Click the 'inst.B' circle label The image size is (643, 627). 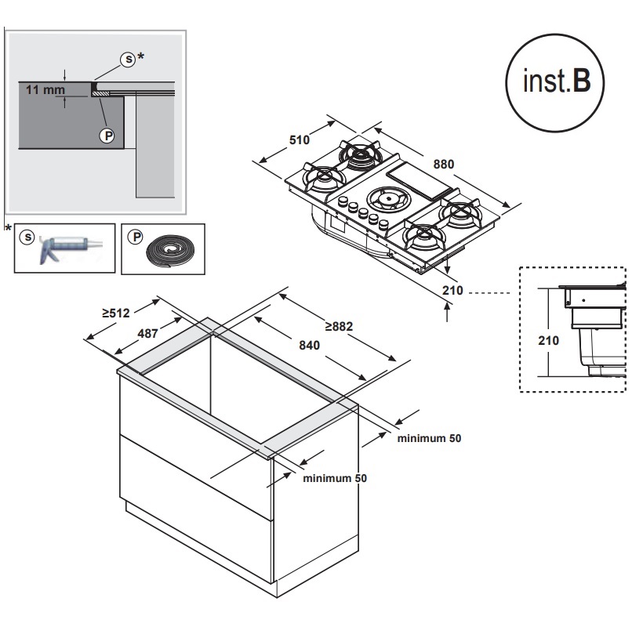(x=555, y=83)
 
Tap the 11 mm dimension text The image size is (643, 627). (x=45, y=90)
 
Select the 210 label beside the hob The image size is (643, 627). (x=454, y=292)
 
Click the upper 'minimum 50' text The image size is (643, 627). (x=429, y=438)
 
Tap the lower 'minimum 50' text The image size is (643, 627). (x=335, y=477)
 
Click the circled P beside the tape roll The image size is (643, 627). (x=135, y=235)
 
